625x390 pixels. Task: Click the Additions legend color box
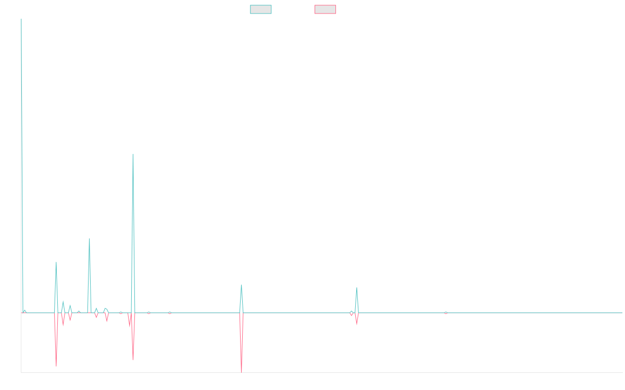(x=261, y=9)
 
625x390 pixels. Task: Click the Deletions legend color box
(x=325, y=9)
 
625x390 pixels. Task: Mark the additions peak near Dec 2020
(x=133, y=154)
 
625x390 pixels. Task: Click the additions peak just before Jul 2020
(x=90, y=239)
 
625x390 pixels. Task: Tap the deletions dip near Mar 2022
(x=242, y=372)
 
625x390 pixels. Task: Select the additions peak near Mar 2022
(x=241, y=285)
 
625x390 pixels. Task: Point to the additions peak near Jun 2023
(x=357, y=288)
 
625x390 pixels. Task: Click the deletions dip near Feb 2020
(x=56, y=367)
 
